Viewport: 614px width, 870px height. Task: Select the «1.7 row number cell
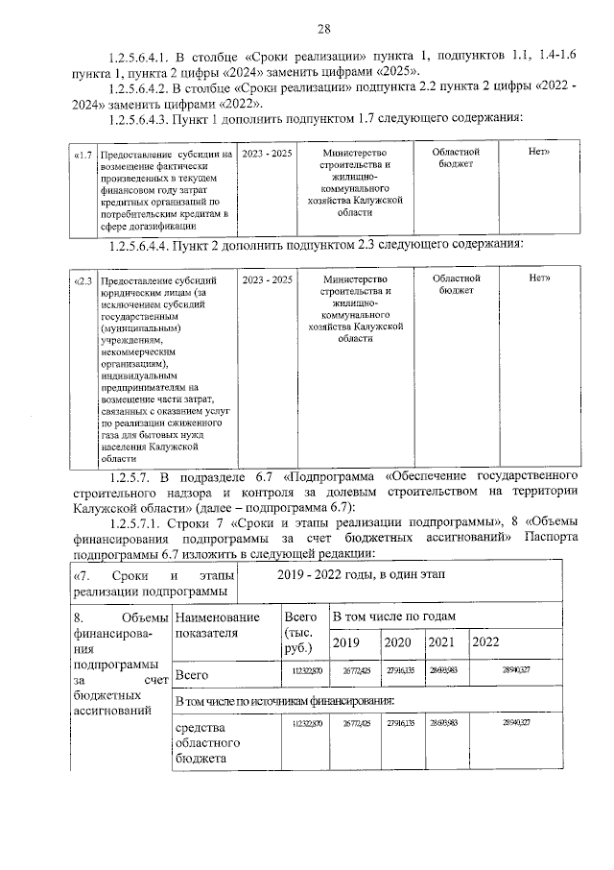click(83, 154)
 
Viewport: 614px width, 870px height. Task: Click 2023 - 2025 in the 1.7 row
click(267, 154)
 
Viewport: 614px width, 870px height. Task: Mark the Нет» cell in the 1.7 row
click(539, 154)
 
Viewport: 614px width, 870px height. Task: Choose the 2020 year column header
click(397, 642)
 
